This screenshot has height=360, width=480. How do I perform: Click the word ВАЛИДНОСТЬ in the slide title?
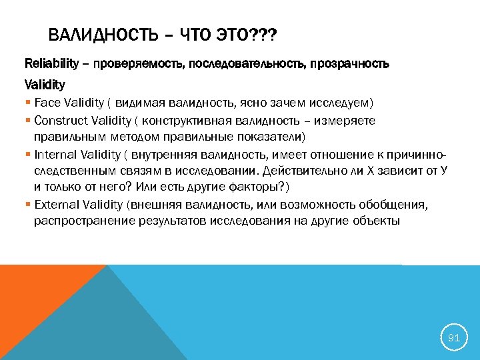pos(94,35)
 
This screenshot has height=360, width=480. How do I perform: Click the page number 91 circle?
pos(453,338)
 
